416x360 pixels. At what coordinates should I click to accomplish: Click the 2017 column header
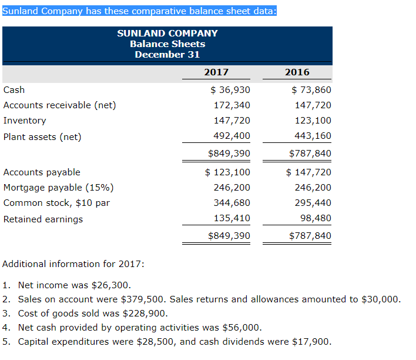click(216, 72)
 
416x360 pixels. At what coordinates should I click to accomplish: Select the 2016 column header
click(297, 72)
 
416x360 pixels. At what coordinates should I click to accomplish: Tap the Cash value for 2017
click(230, 90)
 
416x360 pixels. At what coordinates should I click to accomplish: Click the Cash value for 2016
click(311, 90)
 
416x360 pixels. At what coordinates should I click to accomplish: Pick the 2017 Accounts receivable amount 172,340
click(232, 105)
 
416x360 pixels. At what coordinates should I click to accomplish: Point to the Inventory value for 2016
click(313, 121)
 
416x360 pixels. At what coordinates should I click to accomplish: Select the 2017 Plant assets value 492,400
click(232, 136)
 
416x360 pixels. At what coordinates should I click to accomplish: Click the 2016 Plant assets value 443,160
click(313, 136)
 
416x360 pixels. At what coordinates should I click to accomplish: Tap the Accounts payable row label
click(42, 172)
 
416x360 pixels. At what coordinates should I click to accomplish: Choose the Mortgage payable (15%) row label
click(59, 188)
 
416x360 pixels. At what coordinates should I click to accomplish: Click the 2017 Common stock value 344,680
click(232, 203)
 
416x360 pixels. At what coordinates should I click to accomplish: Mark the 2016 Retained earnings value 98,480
click(316, 218)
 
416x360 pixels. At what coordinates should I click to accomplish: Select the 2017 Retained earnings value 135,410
click(232, 218)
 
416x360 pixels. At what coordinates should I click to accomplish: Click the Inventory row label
click(25, 121)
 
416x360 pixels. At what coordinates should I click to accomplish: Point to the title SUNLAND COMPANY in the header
click(167, 33)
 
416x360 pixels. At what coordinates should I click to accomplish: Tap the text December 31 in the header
click(167, 55)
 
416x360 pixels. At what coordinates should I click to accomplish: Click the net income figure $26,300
click(111, 285)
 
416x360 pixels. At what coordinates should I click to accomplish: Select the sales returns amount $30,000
click(381, 299)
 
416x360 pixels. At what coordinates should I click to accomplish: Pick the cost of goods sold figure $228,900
click(145, 314)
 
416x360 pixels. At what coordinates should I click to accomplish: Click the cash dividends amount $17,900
click(312, 342)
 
